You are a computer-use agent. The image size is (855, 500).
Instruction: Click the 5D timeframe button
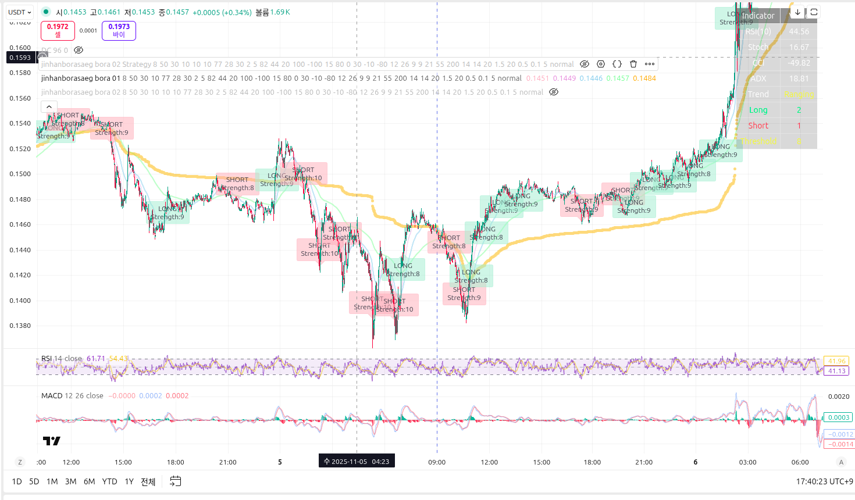[x=34, y=481]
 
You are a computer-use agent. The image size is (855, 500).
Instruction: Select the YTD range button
[x=109, y=481]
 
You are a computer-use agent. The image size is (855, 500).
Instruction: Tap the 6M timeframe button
[x=89, y=481]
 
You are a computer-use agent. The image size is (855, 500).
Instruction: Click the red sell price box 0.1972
[x=58, y=30]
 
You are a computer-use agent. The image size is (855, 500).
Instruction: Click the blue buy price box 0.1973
[x=119, y=30]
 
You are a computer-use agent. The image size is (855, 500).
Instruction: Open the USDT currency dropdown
[x=20, y=12]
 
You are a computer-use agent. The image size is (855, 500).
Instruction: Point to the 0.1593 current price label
[x=20, y=58]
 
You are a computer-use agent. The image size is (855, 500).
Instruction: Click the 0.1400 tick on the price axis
[x=20, y=301]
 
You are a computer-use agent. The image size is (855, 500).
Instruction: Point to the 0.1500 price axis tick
[x=20, y=174]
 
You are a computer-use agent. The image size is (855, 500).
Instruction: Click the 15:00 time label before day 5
[x=123, y=462]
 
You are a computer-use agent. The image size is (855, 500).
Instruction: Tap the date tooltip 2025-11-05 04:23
[x=357, y=462]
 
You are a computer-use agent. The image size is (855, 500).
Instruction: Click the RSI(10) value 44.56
[x=799, y=31]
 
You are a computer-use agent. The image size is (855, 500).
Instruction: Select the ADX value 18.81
[x=799, y=78]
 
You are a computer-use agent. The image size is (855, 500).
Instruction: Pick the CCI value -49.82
[x=799, y=63]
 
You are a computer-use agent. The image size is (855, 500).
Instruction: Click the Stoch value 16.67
[x=799, y=47]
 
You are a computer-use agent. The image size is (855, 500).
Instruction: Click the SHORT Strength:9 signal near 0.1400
[x=464, y=294]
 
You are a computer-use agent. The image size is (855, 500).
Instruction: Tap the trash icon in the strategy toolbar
[x=633, y=64]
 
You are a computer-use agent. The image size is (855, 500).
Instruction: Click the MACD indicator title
[x=52, y=396]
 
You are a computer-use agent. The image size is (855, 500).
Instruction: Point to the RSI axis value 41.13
[x=836, y=371]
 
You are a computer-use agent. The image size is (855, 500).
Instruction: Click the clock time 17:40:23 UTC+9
[x=824, y=481]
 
